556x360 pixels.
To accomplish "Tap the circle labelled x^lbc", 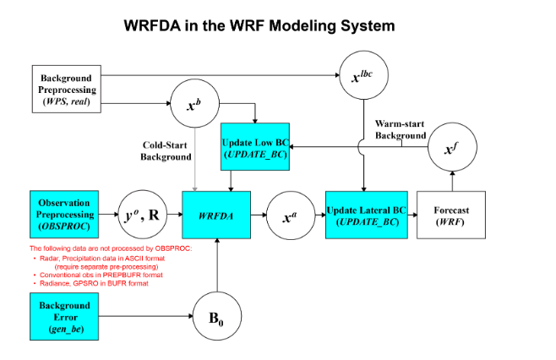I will point(363,76).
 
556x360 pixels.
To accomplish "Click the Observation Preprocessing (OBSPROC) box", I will point(66,215).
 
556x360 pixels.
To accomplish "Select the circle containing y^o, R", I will point(140,215).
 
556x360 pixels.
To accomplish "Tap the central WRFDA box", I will point(218,215).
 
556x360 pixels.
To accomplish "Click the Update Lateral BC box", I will point(363,215).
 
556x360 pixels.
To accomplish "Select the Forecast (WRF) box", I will point(453,215).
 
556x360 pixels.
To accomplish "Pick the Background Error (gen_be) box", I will point(66,314).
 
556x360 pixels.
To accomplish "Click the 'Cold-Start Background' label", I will point(167,150).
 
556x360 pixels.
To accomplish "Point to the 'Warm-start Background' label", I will point(401,129).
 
